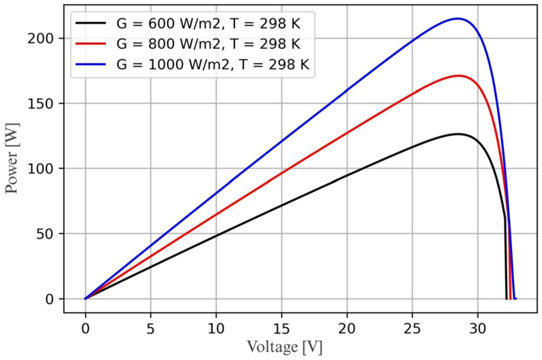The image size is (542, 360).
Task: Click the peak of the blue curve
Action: click(458, 18)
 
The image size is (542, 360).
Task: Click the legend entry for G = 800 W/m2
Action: click(208, 44)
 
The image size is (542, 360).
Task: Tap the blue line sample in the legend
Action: click(91, 64)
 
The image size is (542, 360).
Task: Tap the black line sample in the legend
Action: click(91, 24)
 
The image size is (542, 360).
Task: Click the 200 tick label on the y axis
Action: click(40, 39)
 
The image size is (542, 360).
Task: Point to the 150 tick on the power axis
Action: click(40, 104)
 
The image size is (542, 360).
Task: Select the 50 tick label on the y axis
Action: click(45, 234)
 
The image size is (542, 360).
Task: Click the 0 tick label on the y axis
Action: click(50, 299)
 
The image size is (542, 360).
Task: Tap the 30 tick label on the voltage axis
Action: click(478, 328)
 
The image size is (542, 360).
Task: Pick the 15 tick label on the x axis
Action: click(281, 328)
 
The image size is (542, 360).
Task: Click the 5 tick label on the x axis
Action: click(151, 328)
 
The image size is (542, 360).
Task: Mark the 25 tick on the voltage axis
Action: click(412, 328)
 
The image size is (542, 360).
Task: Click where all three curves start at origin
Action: click(85, 299)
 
